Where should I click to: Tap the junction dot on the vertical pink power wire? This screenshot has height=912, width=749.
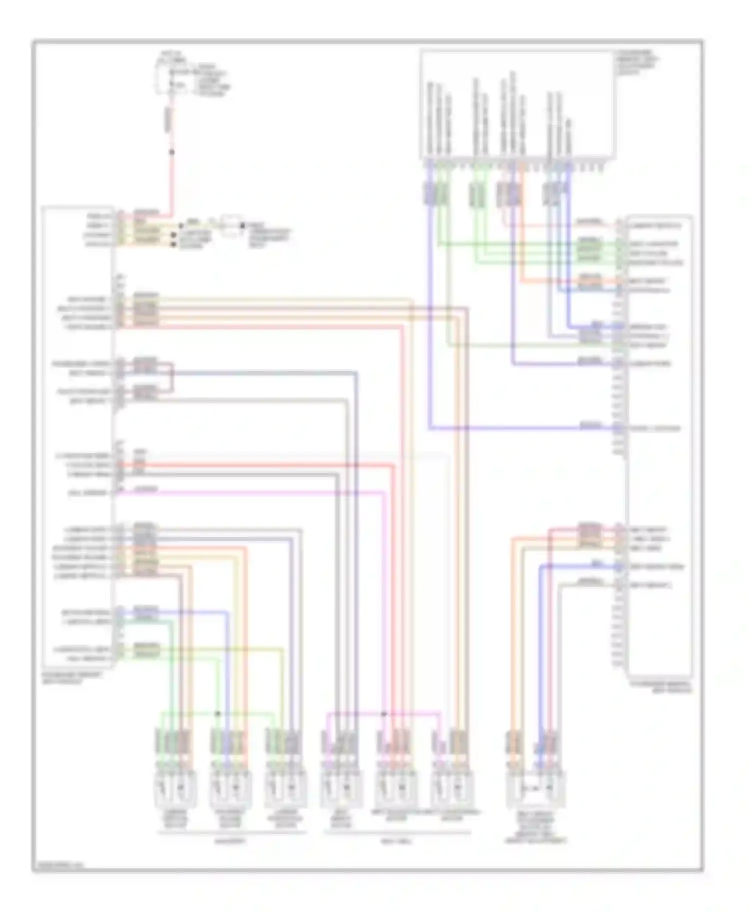click(x=172, y=152)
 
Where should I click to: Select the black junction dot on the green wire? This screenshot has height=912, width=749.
click(x=218, y=713)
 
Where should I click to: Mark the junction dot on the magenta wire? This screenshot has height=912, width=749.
click(x=384, y=714)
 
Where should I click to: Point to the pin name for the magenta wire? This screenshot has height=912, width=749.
click(x=87, y=493)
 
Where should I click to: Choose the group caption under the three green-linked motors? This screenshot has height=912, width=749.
click(x=230, y=841)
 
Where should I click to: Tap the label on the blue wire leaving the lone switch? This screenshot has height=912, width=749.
click(x=597, y=564)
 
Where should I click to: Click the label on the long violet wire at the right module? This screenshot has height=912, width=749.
click(x=591, y=426)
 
